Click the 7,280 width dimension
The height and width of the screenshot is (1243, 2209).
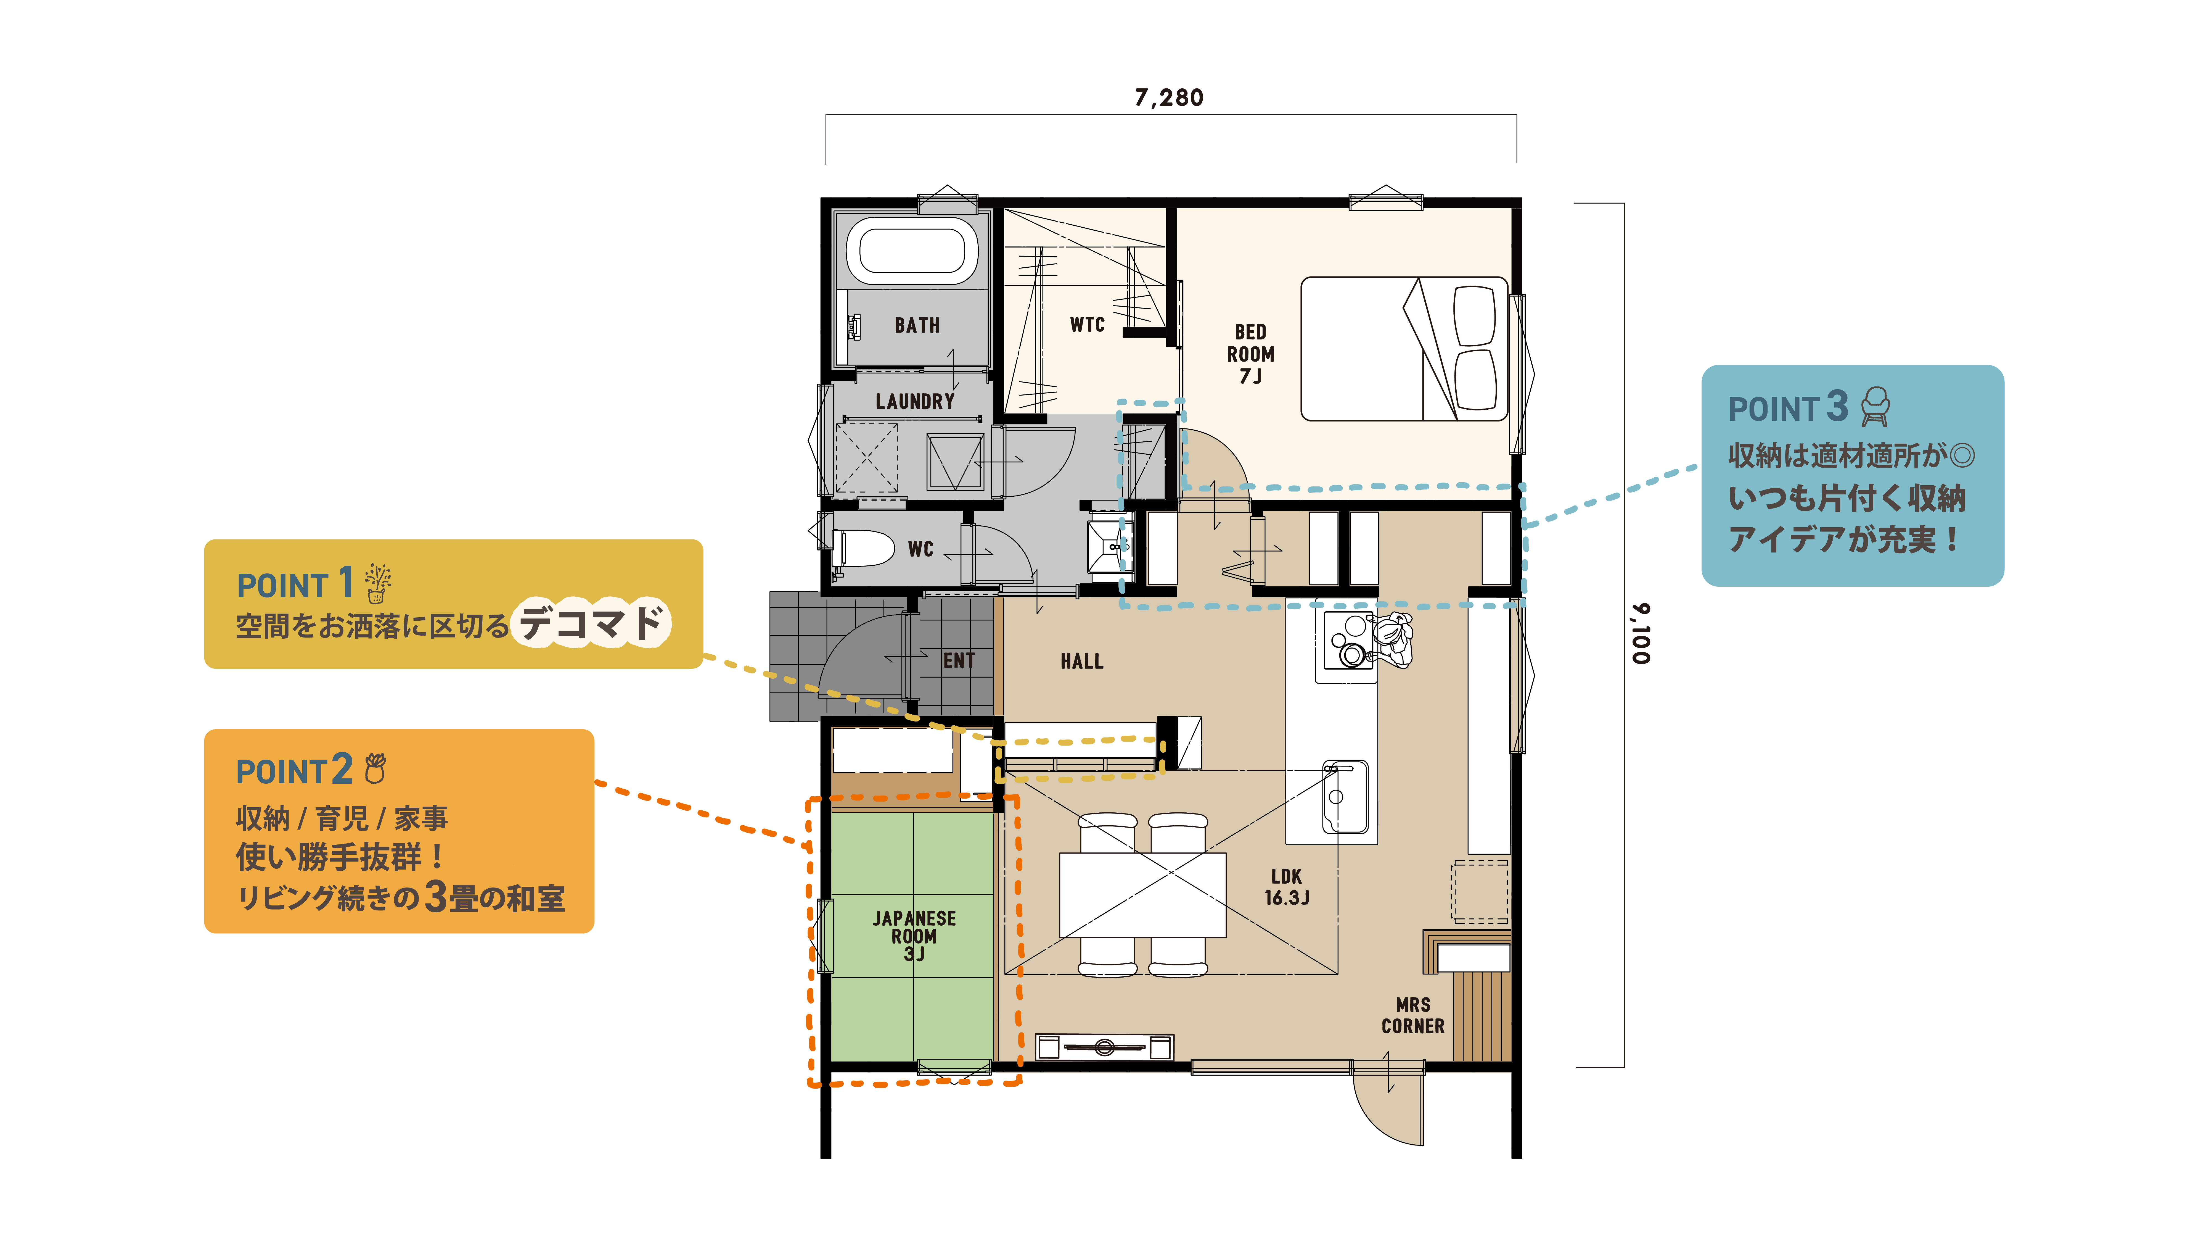[x=1169, y=98]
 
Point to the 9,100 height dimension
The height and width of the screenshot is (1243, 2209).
[x=1640, y=634]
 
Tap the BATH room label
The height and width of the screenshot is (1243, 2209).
[x=917, y=325]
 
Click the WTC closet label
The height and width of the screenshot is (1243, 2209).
[x=1087, y=324]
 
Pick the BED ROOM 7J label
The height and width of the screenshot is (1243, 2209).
[x=1250, y=354]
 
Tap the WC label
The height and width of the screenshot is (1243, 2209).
[x=920, y=549]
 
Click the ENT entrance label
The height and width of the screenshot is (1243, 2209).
[x=959, y=660]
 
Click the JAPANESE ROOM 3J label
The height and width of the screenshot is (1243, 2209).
[x=914, y=936]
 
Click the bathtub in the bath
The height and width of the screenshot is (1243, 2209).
[x=912, y=251]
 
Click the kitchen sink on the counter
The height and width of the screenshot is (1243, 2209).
[x=1344, y=796]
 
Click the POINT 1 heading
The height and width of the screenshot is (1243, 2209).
[x=295, y=583]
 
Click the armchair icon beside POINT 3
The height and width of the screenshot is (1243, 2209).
[x=1875, y=407]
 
